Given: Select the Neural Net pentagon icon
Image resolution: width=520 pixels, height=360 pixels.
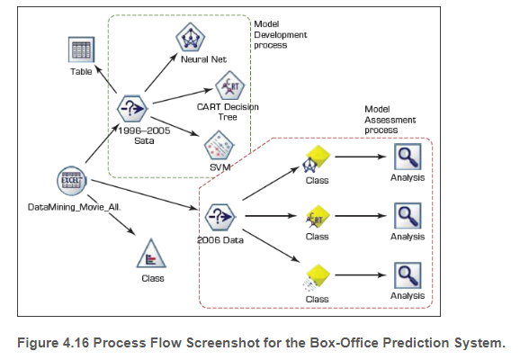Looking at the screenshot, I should pyautogui.click(x=190, y=37).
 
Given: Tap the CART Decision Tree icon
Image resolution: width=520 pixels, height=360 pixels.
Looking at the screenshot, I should pyautogui.click(x=229, y=88).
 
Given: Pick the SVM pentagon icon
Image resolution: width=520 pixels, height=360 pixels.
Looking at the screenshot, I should pyautogui.click(x=220, y=144).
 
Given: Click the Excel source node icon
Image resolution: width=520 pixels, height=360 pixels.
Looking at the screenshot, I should pyautogui.click(x=70, y=179).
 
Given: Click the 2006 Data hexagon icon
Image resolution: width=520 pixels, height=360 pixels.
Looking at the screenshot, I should pyautogui.click(x=220, y=217).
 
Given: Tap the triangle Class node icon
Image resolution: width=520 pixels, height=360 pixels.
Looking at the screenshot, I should pyautogui.click(x=147, y=259).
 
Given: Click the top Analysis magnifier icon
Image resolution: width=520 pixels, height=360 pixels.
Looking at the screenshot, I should pyautogui.click(x=407, y=158).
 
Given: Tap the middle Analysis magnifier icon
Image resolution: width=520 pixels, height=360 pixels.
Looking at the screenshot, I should pyautogui.click(x=407, y=216).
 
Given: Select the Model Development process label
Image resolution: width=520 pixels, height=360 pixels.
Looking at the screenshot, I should pyautogui.click(x=281, y=34).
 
